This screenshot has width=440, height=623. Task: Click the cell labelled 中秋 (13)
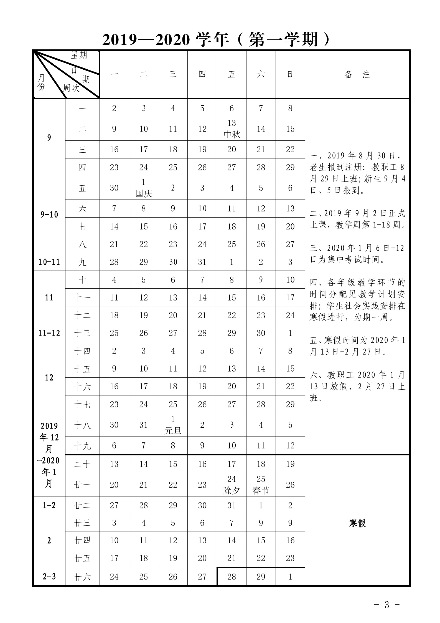click(x=232, y=129)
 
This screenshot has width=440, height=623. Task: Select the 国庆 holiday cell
click(x=144, y=188)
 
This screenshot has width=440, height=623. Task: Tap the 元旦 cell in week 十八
click(x=173, y=425)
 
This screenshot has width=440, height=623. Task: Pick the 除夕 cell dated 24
click(x=232, y=485)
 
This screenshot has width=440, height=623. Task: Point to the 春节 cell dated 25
click(x=261, y=485)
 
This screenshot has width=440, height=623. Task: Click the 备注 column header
click(x=357, y=74)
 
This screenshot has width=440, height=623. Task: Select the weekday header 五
click(x=232, y=74)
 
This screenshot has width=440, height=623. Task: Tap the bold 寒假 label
click(x=357, y=523)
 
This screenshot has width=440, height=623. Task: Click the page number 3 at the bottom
click(x=387, y=605)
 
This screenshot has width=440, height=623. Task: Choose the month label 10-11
click(x=49, y=262)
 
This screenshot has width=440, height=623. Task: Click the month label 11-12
click(x=49, y=333)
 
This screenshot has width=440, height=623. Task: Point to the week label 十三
click(x=82, y=333)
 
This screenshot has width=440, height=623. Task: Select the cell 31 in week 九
click(x=202, y=262)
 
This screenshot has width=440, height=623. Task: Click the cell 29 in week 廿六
click(x=261, y=577)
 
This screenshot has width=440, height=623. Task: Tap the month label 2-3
click(x=49, y=577)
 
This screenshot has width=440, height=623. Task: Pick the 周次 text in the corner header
click(x=71, y=88)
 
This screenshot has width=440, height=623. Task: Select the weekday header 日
click(x=290, y=74)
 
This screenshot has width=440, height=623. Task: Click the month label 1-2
click(x=49, y=505)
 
